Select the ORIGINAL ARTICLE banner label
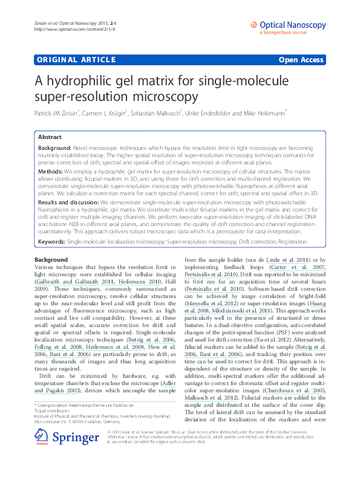76,60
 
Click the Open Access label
302,60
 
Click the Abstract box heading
50,137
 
